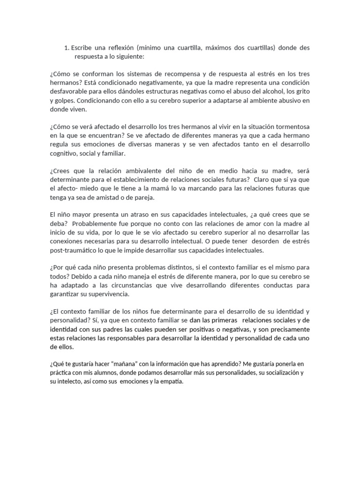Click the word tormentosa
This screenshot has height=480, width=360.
point(288,127)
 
